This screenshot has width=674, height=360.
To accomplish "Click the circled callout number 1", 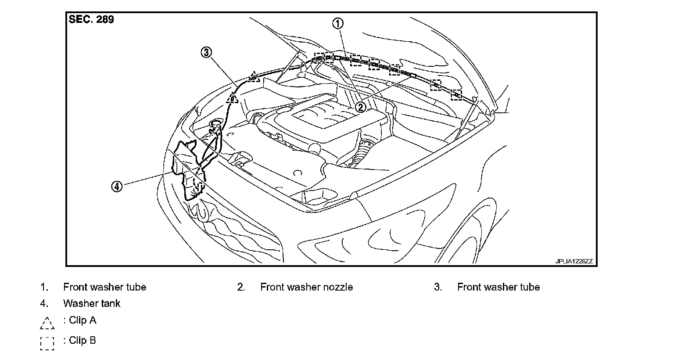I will (337, 23).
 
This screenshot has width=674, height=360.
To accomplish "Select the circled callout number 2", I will (360, 107).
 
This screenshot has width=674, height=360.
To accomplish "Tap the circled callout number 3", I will (206, 53).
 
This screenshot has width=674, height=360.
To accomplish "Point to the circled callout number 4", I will (116, 187).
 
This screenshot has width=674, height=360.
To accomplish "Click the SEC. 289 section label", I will (91, 20).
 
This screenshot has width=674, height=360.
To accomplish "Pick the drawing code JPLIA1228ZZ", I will (574, 261).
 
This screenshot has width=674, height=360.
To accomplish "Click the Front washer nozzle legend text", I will (306, 287).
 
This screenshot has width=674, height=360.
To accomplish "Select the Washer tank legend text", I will (92, 303).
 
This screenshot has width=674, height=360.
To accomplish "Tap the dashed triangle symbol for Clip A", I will (47, 323).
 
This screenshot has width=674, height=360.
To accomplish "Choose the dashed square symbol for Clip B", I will (47, 343).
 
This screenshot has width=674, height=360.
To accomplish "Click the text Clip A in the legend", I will (82, 320).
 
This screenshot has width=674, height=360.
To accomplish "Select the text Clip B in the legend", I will (82, 341).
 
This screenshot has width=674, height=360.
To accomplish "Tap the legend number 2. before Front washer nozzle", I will (241, 287).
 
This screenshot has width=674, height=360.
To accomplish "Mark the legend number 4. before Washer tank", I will (44, 303).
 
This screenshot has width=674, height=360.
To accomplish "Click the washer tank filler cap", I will (215, 123).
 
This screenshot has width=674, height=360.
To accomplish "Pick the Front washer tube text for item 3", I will (498, 287).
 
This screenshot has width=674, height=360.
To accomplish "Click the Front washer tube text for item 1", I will (104, 287).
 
